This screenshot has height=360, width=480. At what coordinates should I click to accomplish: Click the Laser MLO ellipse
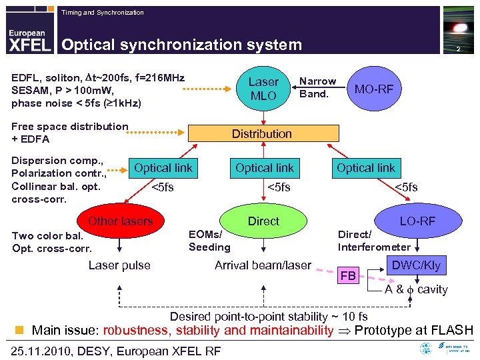point(263,89)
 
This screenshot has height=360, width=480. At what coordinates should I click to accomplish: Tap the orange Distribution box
point(261,134)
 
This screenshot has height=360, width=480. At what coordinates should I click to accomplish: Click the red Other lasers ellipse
point(121,221)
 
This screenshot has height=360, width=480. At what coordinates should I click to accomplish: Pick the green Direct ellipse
point(263,221)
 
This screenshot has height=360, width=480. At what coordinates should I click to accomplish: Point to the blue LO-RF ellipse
point(417,221)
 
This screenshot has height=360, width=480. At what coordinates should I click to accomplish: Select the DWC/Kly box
point(416,265)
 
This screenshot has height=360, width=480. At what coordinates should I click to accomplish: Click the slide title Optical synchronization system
point(181,45)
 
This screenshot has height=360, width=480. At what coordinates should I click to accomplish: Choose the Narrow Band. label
point(317,87)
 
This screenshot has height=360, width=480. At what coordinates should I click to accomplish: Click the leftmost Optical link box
point(163,169)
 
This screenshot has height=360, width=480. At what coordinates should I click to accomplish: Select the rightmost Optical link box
point(365,169)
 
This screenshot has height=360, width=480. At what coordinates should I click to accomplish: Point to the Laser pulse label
point(119,265)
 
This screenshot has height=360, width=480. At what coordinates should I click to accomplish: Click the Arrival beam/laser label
point(263,265)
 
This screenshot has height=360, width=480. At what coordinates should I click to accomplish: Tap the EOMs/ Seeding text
point(209,241)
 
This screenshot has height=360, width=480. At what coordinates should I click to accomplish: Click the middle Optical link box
point(264,169)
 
